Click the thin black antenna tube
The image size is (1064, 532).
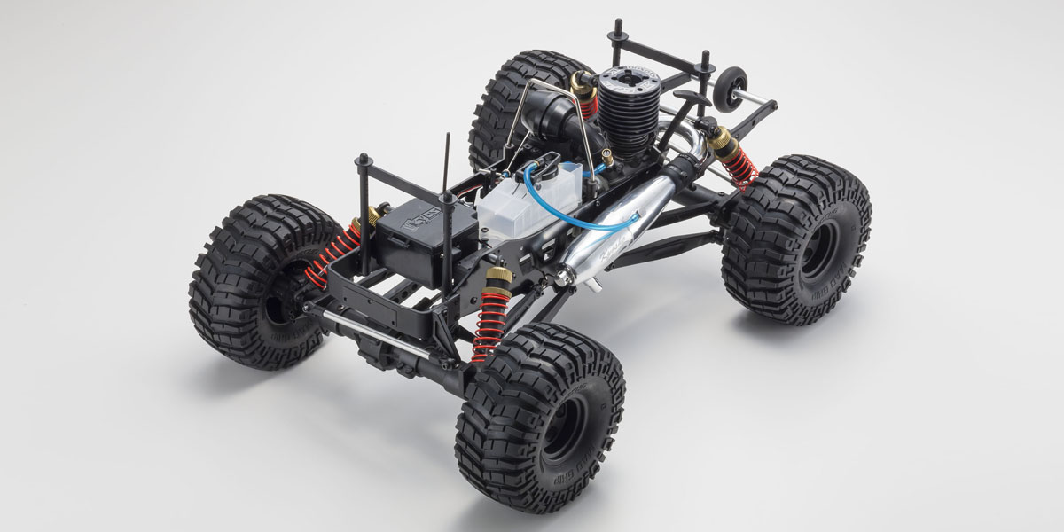446,164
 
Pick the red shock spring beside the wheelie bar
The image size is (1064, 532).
737,164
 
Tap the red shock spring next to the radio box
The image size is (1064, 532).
332,254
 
